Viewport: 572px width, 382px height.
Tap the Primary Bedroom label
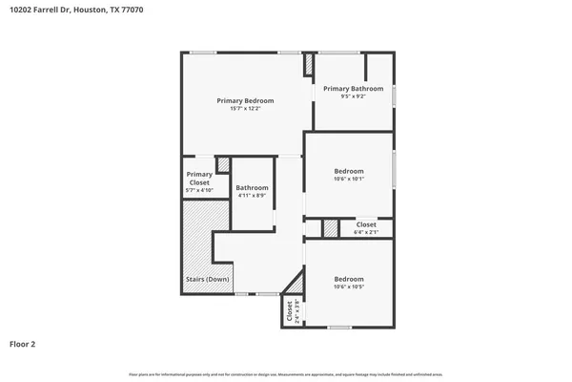[245, 100]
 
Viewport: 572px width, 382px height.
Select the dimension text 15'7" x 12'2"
[245, 109]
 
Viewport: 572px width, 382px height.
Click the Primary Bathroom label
[352, 88]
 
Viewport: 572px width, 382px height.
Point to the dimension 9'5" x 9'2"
[352, 96]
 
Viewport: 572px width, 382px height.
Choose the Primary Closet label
[199, 178]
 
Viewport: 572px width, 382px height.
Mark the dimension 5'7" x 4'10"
[199, 191]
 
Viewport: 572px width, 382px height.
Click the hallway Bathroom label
[252, 188]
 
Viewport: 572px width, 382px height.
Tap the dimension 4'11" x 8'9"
[252, 197]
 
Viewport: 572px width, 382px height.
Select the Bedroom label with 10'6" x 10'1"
[348, 170]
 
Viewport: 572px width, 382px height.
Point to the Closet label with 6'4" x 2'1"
[366, 224]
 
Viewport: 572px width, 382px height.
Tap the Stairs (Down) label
[207, 280]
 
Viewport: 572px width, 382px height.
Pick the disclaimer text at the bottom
[285, 372]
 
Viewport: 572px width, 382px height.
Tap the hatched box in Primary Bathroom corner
[309, 65]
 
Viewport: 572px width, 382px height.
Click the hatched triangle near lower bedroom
[297, 284]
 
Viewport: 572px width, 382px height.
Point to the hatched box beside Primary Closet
[223, 165]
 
